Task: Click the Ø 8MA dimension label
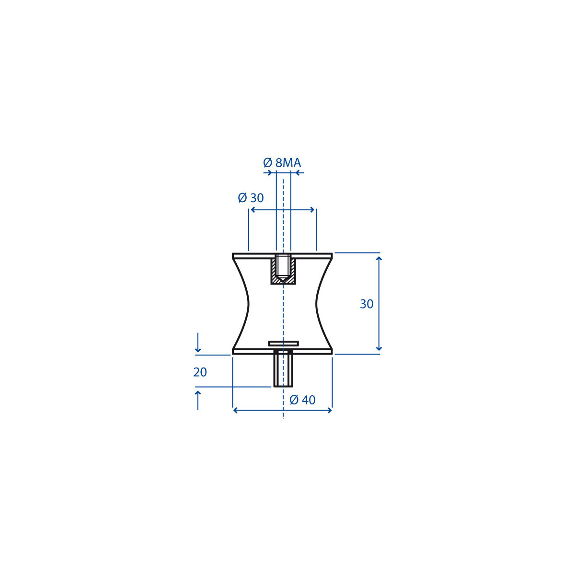point(282,163)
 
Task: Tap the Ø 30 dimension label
point(251,197)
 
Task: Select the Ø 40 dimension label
point(302,400)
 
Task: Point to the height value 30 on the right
point(367,304)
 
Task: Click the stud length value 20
point(200,372)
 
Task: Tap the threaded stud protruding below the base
point(283,369)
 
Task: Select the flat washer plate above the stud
point(283,343)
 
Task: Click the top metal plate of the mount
point(282,256)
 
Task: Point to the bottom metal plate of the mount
point(282,352)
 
